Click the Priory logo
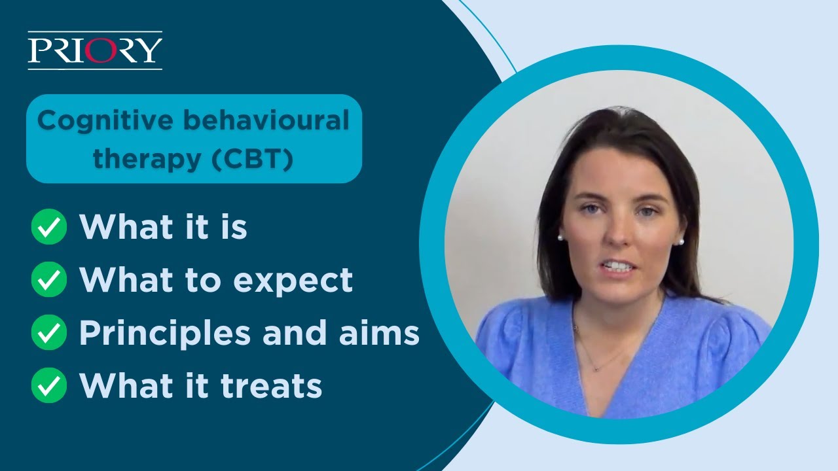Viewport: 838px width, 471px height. tap(95, 50)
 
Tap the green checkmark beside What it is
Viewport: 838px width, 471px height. tap(49, 228)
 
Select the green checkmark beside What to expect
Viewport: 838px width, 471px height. tap(49, 280)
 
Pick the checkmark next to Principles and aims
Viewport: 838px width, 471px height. tap(49, 333)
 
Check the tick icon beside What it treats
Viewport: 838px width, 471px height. tap(49, 385)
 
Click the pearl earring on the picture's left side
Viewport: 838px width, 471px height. tap(561, 238)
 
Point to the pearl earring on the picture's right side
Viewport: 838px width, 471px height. tap(681, 241)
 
